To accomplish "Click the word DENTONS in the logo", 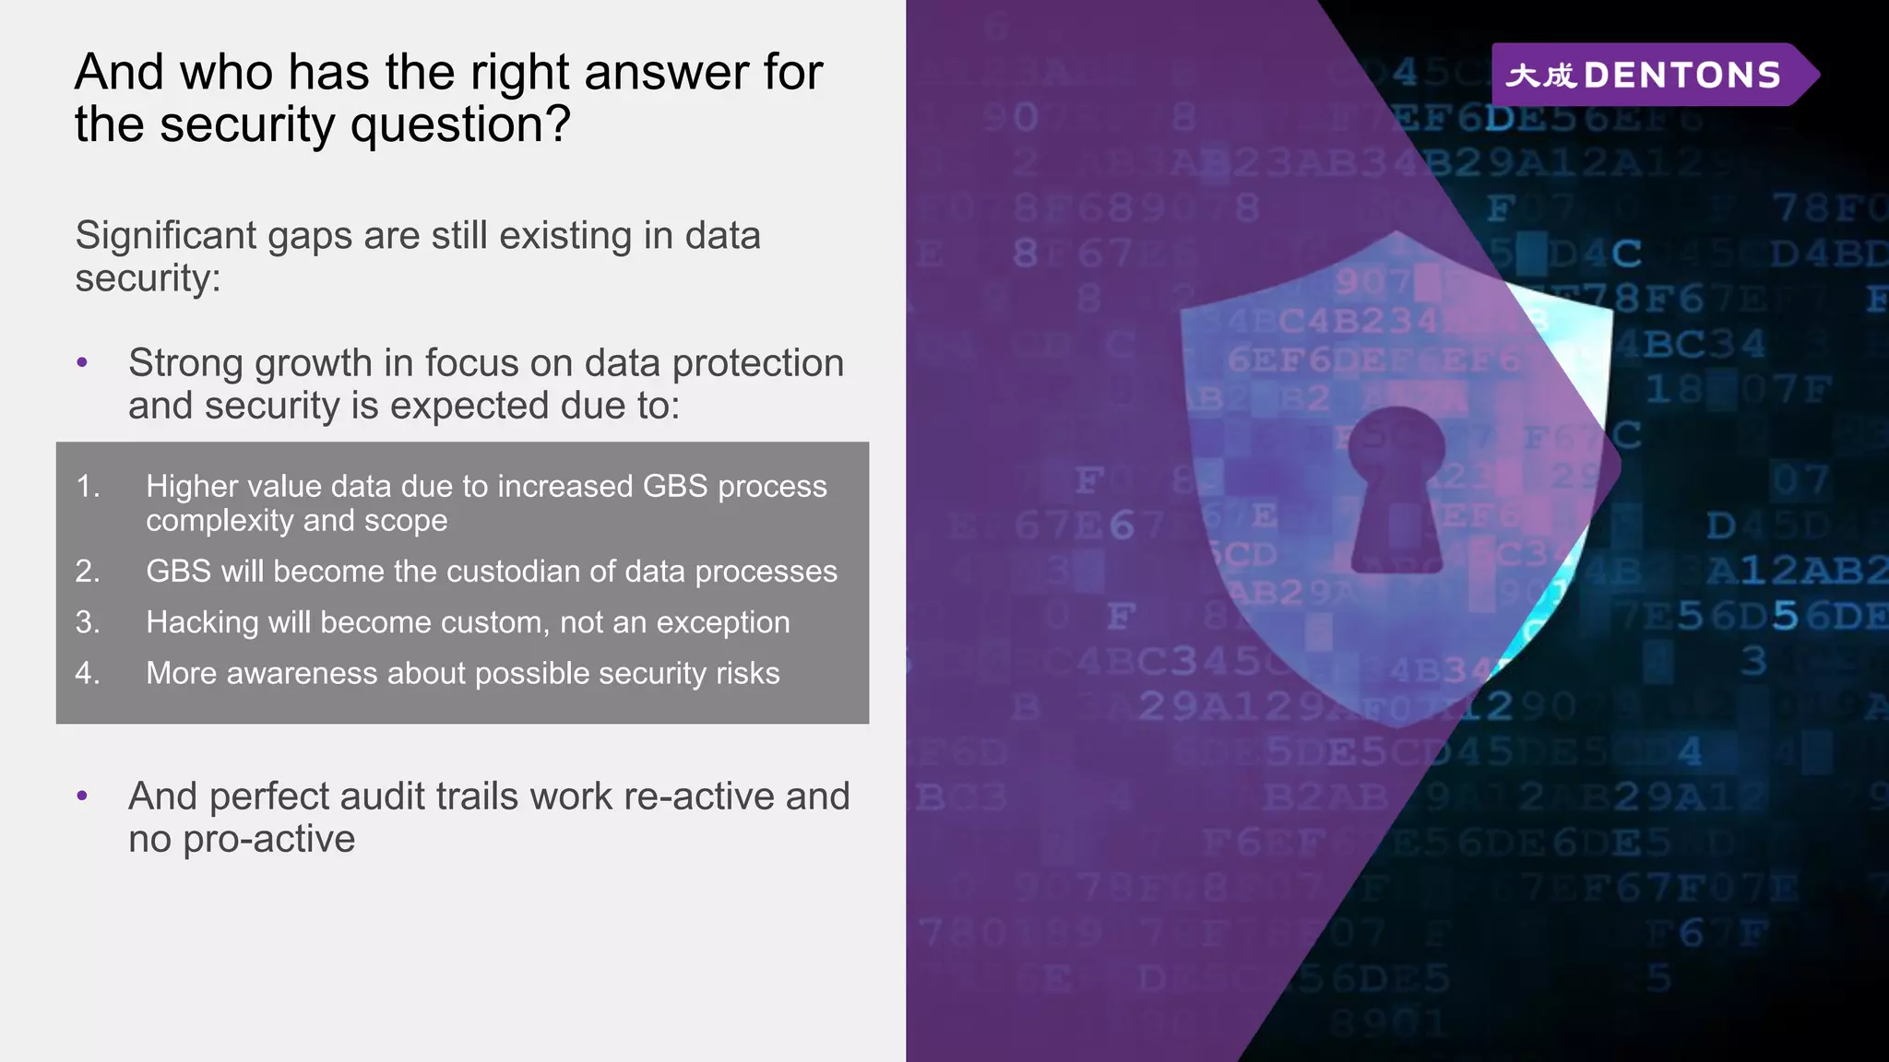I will click(x=1681, y=75).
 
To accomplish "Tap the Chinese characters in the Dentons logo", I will click(x=1540, y=75).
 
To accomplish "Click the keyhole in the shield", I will click(x=1396, y=489).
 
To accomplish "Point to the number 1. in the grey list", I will click(x=88, y=486).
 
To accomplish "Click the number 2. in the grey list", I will click(x=88, y=572).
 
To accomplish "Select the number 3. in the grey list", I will click(x=88, y=622).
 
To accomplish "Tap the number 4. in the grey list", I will click(x=88, y=673).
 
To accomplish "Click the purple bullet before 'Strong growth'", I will click(x=82, y=362).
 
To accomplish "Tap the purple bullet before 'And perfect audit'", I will click(x=82, y=796).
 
